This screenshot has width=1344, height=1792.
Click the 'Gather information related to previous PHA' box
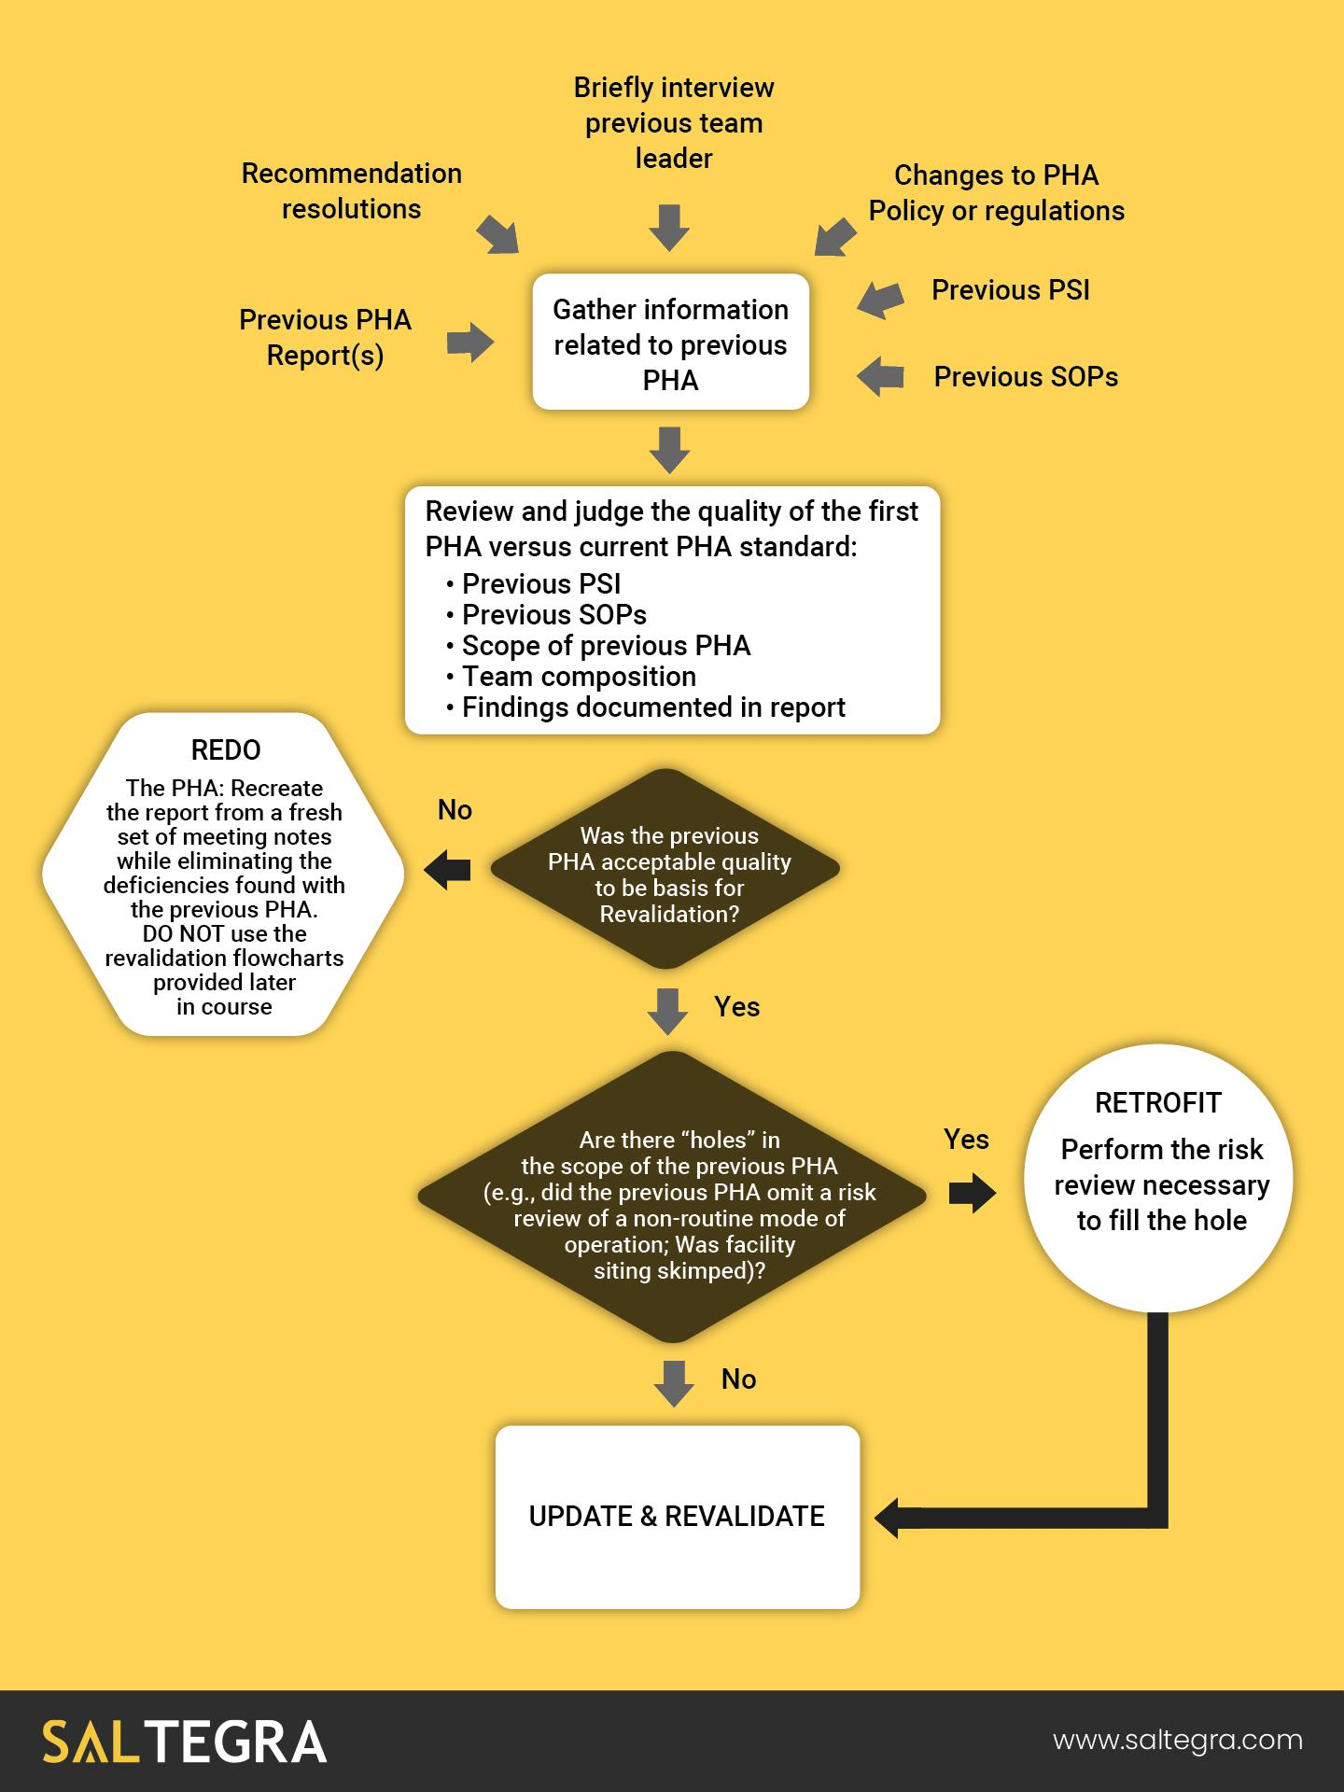[670, 343]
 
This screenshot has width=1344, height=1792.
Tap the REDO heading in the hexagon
[226, 750]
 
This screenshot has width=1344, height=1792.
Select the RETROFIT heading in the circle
[1157, 1103]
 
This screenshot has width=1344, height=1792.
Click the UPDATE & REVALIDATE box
[677, 1517]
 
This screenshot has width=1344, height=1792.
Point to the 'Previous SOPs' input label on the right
[1026, 377]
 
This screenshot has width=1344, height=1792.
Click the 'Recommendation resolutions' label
[351, 191]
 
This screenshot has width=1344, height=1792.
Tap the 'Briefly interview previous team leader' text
[673, 123]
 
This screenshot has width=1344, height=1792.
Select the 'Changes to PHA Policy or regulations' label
[996, 193]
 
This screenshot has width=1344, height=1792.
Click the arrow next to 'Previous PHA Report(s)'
[469, 343]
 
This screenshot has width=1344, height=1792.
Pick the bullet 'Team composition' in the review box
[579, 677]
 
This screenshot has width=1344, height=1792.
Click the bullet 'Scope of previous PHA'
[606, 646]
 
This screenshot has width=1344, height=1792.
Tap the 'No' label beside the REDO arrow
[455, 810]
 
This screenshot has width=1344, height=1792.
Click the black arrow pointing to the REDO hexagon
[448, 870]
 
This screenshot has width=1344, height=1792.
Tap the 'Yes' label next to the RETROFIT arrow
[966, 1140]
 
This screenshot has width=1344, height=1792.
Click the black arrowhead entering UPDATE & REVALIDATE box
[890, 1517]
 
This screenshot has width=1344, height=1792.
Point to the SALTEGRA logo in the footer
[184, 1742]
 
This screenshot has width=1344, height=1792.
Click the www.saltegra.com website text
[1178, 1741]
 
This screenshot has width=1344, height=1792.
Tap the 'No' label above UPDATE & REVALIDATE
[738, 1379]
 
